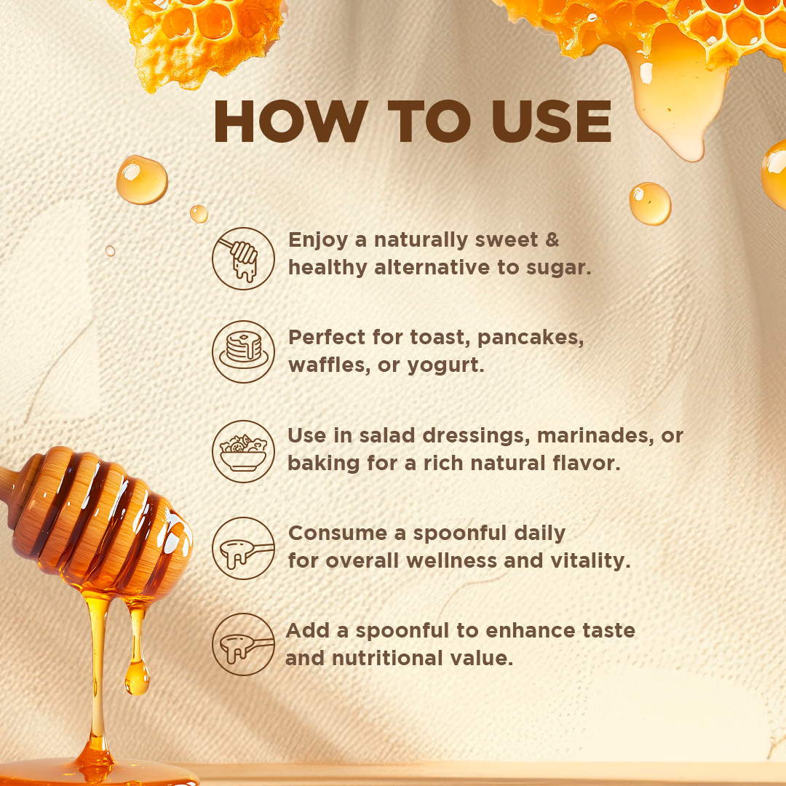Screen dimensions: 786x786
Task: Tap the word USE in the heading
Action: [x=552, y=122]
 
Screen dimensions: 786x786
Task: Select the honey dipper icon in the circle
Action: [x=243, y=258]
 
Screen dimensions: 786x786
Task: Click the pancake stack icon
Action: [x=243, y=352]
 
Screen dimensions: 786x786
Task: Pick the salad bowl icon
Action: [x=243, y=451]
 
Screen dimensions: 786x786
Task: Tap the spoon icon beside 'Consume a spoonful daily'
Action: [x=243, y=549]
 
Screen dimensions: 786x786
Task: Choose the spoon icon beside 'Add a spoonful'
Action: [x=243, y=645]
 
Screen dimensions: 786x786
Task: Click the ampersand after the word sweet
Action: [x=552, y=239]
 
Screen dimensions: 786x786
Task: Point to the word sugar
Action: [x=558, y=269]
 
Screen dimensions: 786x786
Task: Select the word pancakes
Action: [x=531, y=338]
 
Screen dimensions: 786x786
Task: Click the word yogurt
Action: [x=445, y=366]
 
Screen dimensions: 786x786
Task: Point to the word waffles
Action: [x=330, y=365]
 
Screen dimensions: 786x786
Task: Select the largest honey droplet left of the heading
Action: [x=142, y=180]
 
